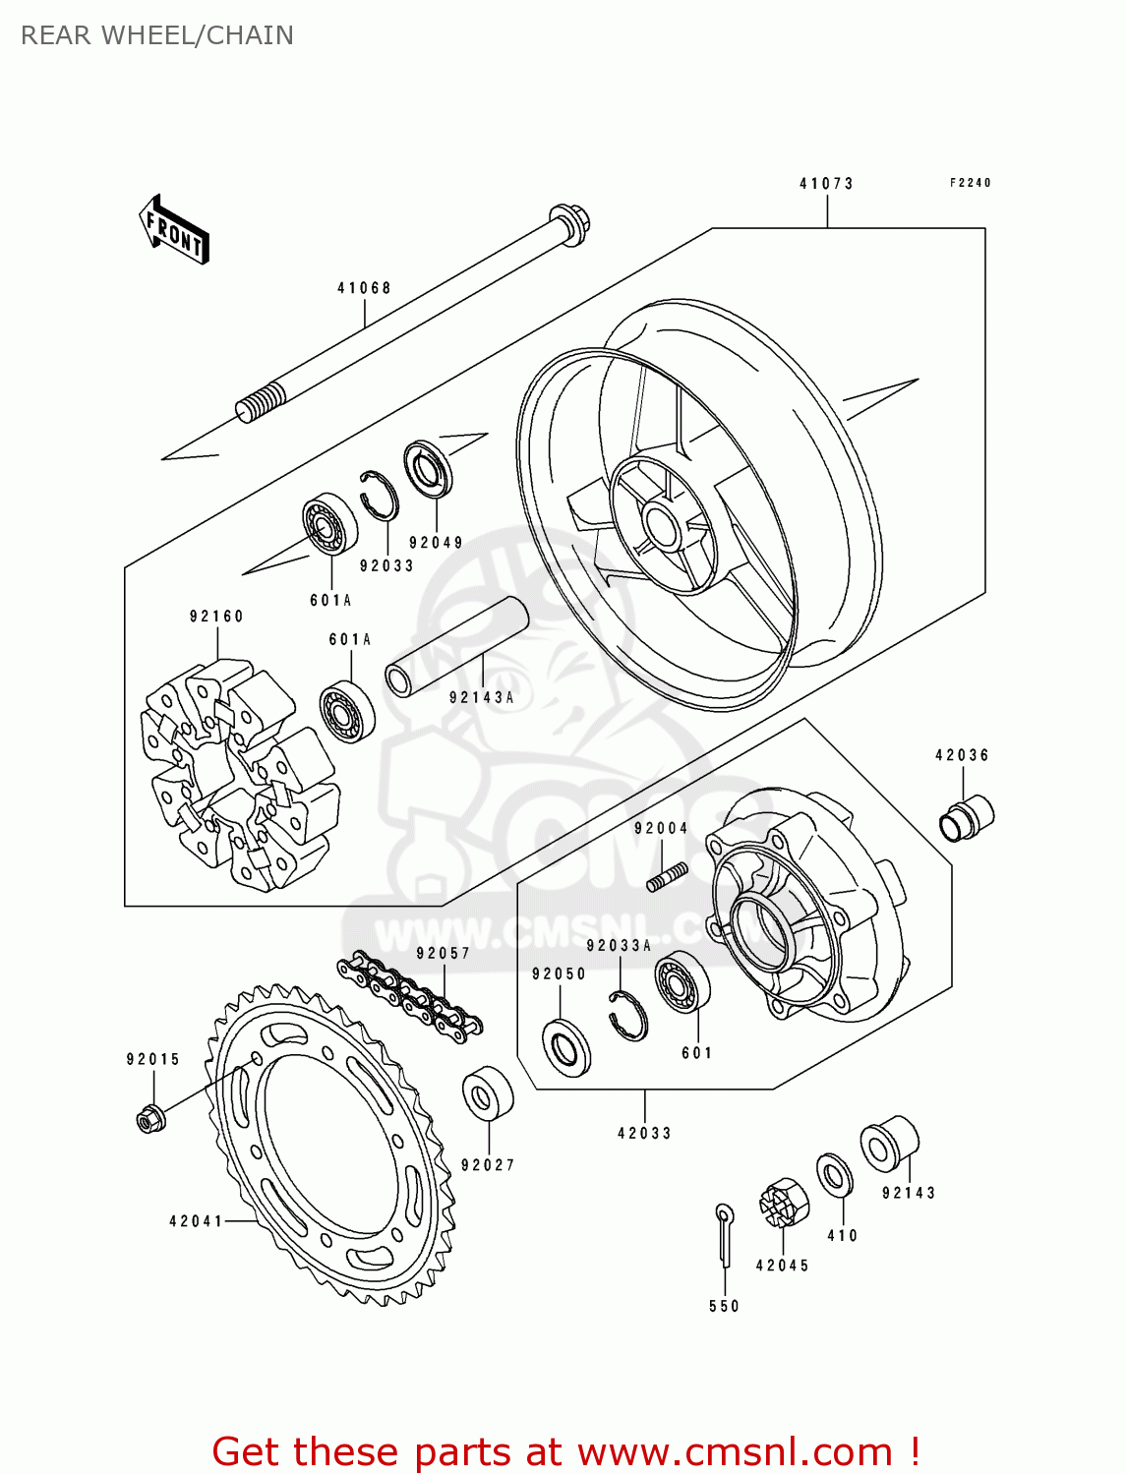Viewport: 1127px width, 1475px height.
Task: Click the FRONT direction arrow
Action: click(174, 229)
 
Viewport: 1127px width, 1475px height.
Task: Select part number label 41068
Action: click(364, 288)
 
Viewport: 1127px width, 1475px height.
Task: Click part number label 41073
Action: click(826, 184)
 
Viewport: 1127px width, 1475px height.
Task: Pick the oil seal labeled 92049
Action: click(430, 469)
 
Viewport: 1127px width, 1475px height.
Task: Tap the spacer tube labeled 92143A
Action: click(456, 647)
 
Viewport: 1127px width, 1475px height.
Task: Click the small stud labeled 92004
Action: click(666, 876)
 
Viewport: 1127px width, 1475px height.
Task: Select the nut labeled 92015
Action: click(149, 1118)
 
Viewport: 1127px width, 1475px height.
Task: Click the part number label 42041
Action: click(196, 1221)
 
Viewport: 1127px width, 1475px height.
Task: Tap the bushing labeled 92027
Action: click(488, 1092)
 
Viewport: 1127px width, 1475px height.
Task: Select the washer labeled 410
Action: click(835, 1175)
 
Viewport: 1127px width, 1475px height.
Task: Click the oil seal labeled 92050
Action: click(566, 1048)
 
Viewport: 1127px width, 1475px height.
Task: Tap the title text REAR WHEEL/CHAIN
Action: click(157, 35)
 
